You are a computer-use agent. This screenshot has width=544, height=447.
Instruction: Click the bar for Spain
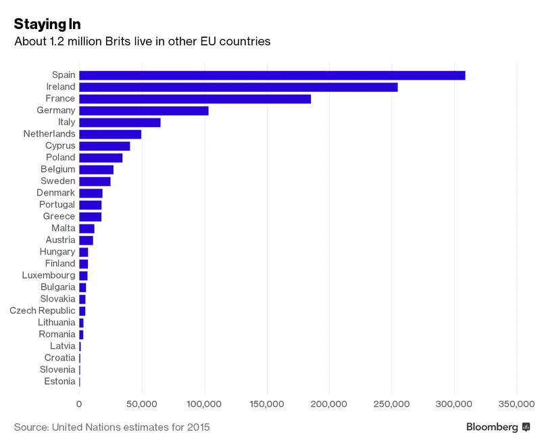pyautogui.click(x=272, y=75)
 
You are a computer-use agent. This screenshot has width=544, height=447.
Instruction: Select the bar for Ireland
pyautogui.click(x=238, y=87)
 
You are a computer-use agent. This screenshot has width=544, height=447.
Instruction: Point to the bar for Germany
pyautogui.click(x=143, y=110)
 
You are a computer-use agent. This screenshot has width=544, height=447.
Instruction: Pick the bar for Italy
pyautogui.click(x=120, y=122)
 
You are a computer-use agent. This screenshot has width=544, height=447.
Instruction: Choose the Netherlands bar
pyautogui.click(x=110, y=134)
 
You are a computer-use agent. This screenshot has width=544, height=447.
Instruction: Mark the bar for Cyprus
pyautogui.click(x=104, y=145)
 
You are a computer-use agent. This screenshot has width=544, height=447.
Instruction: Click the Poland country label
pyautogui.click(x=60, y=158)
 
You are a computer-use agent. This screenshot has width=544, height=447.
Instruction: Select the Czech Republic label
pyautogui.click(x=43, y=310)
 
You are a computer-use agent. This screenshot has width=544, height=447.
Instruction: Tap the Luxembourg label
pyautogui.click(x=49, y=275)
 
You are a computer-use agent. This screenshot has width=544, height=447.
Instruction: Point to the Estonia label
pyautogui.click(x=59, y=381)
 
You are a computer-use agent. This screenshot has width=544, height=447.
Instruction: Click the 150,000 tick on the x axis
pyautogui.click(x=267, y=404)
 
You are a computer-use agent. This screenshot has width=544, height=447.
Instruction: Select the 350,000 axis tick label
pyautogui.click(x=517, y=404)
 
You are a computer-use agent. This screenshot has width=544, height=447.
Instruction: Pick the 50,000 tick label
pyautogui.click(x=142, y=404)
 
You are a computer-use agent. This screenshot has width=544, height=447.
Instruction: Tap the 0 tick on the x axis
pyautogui.click(x=79, y=404)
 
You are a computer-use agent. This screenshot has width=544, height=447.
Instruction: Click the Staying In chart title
pyautogui.click(x=47, y=24)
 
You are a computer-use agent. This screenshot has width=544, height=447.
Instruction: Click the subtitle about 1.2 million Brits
pyautogui.click(x=142, y=42)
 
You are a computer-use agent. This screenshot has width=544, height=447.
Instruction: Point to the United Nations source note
pyautogui.click(x=112, y=427)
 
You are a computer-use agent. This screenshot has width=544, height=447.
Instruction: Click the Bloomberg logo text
pyautogui.click(x=492, y=427)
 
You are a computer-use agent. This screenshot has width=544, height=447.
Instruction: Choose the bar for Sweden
pyautogui.click(x=95, y=181)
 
